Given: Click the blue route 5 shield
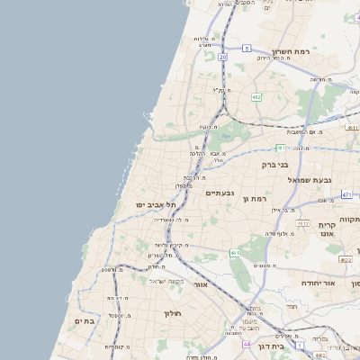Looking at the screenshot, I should (x=247, y=48).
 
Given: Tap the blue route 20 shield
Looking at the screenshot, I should (x=222, y=57).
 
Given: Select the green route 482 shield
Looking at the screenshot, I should (x=256, y=96).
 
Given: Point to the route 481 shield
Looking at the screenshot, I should (x=281, y=148).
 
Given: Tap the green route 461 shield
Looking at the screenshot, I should (x=235, y=253).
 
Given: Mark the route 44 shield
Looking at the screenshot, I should (x=247, y=345).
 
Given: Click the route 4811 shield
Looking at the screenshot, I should (x=352, y=129).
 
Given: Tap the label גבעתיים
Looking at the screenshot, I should (x=220, y=193).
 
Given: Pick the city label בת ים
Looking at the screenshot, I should (x=84, y=321).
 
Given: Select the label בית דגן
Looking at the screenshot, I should (x=271, y=346).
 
